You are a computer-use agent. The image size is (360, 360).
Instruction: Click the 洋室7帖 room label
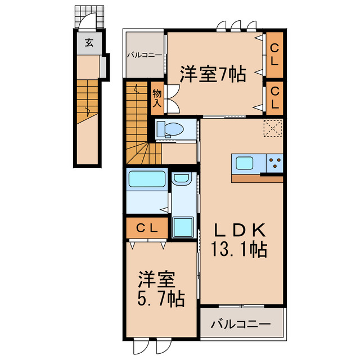click(x=213, y=74)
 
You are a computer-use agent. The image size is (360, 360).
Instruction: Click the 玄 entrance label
click(x=88, y=42)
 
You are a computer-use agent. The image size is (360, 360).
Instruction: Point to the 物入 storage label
click(x=156, y=98)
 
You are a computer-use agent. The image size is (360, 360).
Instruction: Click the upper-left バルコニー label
click(x=144, y=55)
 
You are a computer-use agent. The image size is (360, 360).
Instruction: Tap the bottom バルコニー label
click(x=241, y=324)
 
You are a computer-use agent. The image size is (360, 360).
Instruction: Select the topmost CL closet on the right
click(x=274, y=56)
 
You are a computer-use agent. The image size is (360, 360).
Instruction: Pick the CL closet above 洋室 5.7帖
click(x=147, y=228)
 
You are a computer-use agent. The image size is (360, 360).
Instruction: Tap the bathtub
click(x=146, y=179)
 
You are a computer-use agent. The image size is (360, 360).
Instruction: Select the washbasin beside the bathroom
click(x=181, y=179)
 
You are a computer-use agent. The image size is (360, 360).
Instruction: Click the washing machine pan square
click(x=183, y=227)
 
